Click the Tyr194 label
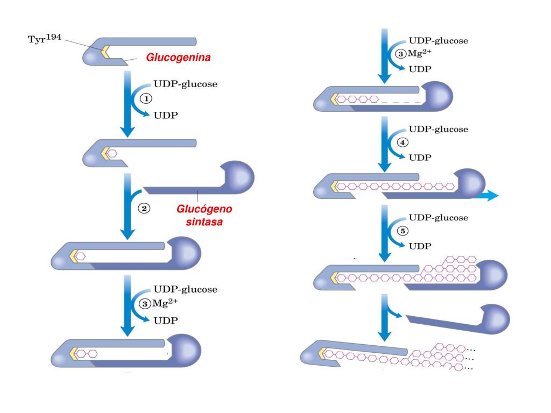coord(45,38)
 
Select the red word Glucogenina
coord(178,57)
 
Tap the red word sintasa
coord(204,222)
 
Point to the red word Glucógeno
coord(204,209)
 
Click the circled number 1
coord(146,99)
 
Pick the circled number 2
coord(144,208)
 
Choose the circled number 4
coord(402,142)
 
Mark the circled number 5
coord(402,231)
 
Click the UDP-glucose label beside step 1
coord(186,84)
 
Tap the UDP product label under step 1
coord(166,115)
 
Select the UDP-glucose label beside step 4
coord(439,129)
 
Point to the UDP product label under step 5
coord(420,246)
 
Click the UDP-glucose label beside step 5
coord(439,218)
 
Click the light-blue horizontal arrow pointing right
coord(486,196)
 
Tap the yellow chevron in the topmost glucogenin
coord(105,52)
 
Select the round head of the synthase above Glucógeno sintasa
coord(237,177)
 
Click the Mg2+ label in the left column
coord(165,303)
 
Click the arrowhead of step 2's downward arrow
coord(128,234)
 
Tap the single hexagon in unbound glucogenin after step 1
coord(112,153)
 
